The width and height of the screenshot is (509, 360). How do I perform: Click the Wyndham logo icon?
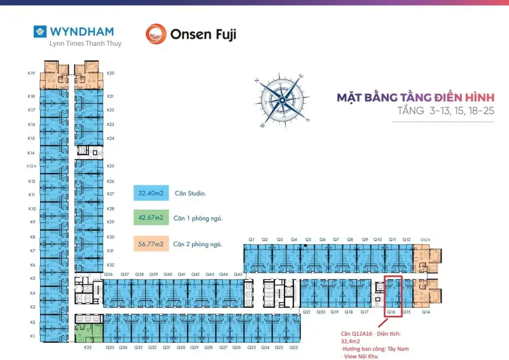(x=40, y=31)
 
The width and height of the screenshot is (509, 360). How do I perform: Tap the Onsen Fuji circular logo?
(x=155, y=34)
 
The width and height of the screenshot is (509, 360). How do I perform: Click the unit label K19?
(x=31, y=73)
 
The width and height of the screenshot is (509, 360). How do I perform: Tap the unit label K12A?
(x=31, y=167)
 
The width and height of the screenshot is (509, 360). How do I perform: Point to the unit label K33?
(x=87, y=348)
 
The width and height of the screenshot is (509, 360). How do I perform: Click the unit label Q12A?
(x=425, y=240)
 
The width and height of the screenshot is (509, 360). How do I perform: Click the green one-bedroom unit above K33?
(x=88, y=333)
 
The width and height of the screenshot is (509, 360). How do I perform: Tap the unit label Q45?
(x=238, y=274)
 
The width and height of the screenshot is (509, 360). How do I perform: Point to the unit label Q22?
(x=293, y=348)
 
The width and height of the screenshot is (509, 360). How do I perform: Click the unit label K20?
(x=111, y=73)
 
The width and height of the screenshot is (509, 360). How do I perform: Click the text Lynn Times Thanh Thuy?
(x=78, y=44)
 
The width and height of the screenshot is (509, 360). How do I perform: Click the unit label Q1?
(x=252, y=240)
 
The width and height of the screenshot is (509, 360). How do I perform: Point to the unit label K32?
(x=111, y=265)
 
